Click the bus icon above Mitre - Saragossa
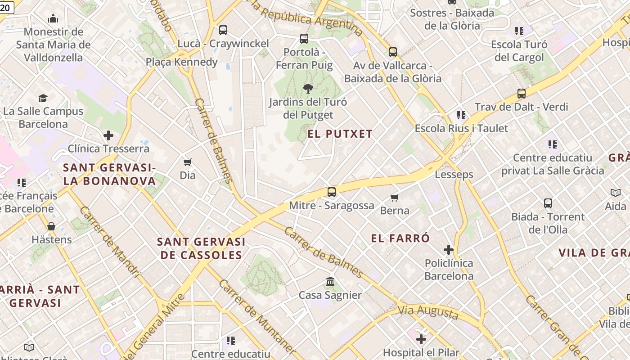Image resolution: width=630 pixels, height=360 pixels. coord(332,192)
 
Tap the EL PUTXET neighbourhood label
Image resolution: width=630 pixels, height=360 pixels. coord(340,134)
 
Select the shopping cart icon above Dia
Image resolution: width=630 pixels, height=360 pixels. coord(188,162)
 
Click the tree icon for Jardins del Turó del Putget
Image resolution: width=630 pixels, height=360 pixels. coord(308,88)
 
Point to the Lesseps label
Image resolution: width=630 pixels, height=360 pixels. coord(454,175)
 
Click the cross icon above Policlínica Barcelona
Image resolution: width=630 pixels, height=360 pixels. coord(449,249)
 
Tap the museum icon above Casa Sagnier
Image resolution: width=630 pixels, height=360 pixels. coord(330,282)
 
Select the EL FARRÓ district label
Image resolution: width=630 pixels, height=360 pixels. coord(400,238)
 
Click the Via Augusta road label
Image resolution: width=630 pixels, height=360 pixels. coord(428,312)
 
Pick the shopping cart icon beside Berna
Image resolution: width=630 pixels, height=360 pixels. coord(395,198)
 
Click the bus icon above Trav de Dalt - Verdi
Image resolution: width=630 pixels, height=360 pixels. coord(521,94)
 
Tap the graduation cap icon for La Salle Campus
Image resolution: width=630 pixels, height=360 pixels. coord(43,98)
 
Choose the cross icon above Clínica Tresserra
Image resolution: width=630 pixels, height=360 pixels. coord(108,135)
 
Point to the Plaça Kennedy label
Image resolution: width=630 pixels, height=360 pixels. coord(182,62)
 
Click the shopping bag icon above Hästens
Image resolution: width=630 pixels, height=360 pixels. coord(51,226)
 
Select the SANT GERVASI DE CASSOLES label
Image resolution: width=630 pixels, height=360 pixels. coord(201,248)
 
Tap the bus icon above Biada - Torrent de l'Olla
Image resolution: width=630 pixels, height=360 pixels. coord(548,203)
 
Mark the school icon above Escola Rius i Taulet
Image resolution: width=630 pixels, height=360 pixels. coord(461,115)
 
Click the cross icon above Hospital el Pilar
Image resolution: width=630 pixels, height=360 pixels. coord(421,339)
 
